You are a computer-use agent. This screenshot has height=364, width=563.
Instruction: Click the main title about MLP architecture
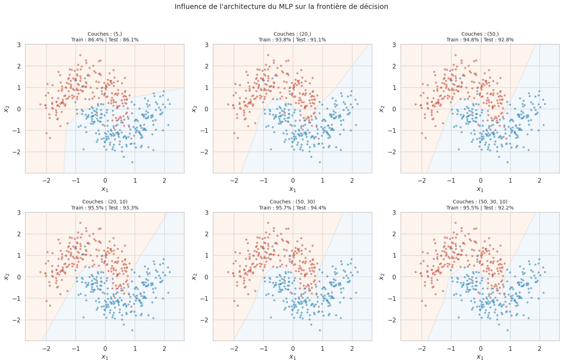(281, 6)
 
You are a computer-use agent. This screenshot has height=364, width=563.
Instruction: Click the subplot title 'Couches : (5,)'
(105, 34)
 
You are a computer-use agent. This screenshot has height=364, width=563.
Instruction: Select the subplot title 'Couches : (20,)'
(292, 34)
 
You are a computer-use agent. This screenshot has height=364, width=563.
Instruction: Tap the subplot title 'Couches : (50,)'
(480, 34)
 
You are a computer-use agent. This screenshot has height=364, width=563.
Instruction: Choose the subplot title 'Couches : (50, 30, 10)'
(480, 202)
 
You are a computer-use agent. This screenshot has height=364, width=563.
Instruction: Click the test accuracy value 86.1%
(131, 40)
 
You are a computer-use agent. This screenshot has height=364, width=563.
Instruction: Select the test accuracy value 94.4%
(318, 208)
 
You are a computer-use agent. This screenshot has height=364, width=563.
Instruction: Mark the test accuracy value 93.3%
(131, 208)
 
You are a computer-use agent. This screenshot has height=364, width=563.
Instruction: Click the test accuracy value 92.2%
(506, 208)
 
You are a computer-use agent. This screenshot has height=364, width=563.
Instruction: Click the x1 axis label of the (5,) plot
(105, 189)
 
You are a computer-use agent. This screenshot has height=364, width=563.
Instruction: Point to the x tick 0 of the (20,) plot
(293, 180)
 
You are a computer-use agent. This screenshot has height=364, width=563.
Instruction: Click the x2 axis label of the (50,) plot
(382, 109)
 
